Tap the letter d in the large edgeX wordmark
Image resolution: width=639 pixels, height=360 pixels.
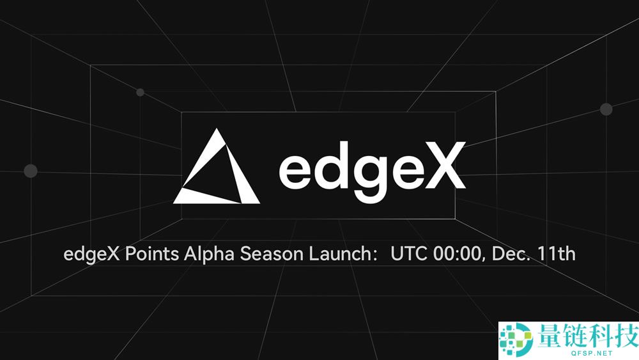pos(329,168)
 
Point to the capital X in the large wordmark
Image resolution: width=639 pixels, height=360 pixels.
pos(445,168)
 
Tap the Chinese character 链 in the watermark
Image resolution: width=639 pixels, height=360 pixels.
pos(576,334)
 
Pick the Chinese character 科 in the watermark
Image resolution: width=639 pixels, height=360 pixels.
pos(603,334)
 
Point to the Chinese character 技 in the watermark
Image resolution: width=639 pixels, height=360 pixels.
pos(626,334)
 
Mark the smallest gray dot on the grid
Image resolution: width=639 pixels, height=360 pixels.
pos(140,92)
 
